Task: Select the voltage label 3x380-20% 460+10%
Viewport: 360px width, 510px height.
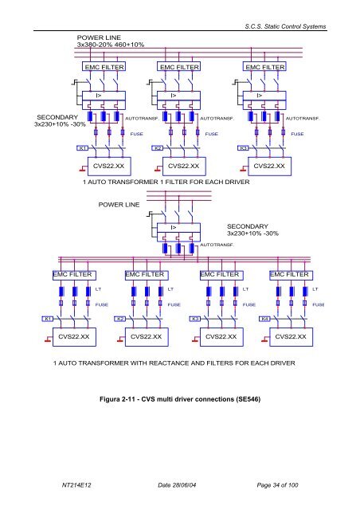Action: (x=110, y=45)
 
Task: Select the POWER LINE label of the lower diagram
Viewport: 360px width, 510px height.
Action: (x=119, y=206)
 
